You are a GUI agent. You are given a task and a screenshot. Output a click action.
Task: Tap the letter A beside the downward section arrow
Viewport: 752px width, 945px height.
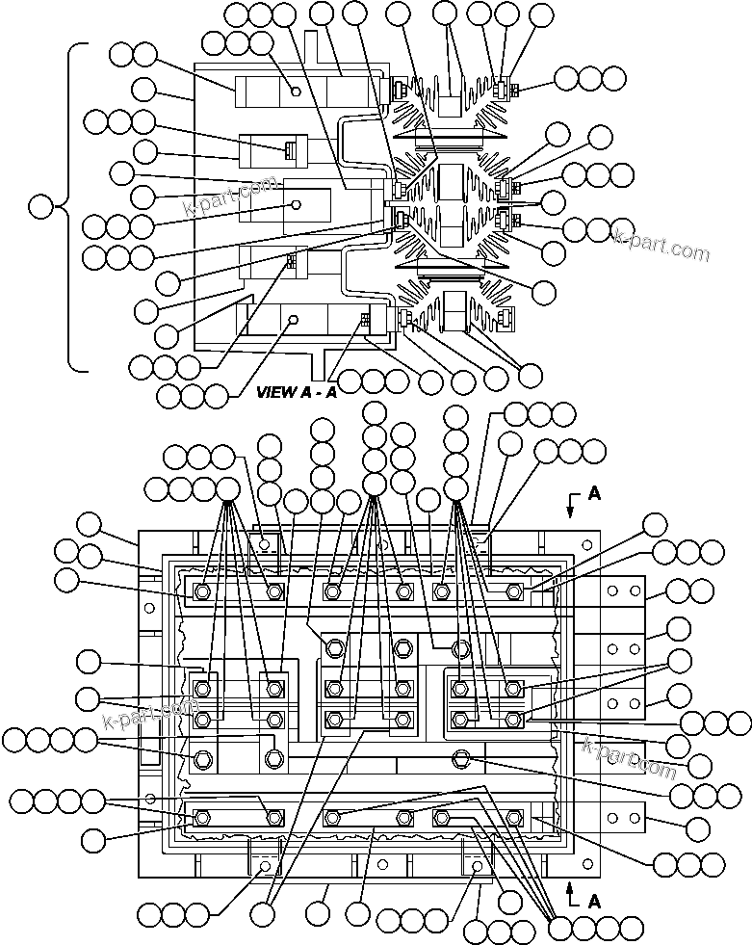594,493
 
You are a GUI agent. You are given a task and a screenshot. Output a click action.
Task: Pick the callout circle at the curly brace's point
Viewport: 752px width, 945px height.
41,206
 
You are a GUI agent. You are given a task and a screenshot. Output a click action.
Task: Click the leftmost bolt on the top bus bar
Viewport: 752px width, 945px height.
202,591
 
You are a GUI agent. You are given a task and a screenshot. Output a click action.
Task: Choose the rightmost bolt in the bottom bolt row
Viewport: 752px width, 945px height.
513,818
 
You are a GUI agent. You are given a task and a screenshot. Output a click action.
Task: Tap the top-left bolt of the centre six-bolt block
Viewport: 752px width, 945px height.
333,644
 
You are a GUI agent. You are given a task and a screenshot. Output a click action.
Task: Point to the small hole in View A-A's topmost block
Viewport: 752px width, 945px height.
296,92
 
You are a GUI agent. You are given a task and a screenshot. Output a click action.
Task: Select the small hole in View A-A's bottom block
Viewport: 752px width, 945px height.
296,319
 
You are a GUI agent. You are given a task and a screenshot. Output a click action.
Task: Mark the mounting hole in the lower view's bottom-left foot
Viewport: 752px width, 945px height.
265,867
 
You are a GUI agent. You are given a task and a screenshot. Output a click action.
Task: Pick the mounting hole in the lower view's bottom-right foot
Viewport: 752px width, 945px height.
477,867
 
